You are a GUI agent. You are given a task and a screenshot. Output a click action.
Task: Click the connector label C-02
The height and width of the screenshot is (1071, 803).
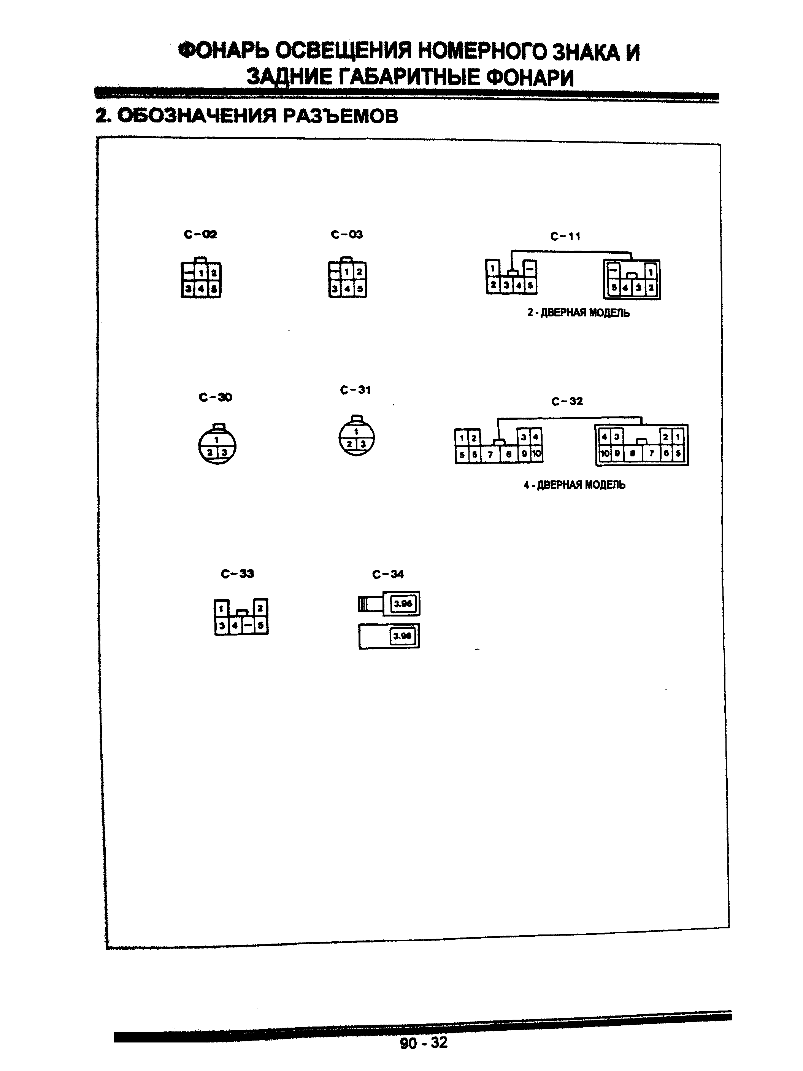[200, 235]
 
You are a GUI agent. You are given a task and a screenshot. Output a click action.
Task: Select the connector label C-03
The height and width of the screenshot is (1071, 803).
[347, 235]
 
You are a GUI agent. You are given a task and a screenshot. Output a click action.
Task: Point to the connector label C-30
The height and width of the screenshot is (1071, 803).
[216, 397]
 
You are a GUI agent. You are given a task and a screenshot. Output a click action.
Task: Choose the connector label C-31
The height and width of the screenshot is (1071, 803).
[355, 390]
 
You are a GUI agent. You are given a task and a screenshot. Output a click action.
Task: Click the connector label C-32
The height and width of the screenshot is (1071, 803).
[567, 401]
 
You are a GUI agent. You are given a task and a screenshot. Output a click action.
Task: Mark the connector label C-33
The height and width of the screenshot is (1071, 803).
[237, 574]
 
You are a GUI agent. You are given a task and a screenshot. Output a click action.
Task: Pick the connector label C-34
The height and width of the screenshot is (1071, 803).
[388, 574]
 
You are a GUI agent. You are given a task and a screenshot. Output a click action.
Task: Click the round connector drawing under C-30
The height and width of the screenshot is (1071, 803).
[217, 445]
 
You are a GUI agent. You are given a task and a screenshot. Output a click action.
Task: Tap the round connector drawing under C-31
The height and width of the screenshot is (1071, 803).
[357, 436]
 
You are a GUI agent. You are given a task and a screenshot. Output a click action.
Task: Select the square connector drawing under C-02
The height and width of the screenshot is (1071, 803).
[201, 278]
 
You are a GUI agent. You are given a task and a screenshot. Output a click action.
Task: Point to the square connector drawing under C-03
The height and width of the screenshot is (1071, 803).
[348, 278]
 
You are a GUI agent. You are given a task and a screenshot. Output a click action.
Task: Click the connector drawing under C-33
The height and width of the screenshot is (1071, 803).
[241, 617]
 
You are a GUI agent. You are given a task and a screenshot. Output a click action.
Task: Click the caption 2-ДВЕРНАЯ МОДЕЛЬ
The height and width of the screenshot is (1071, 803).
[578, 313]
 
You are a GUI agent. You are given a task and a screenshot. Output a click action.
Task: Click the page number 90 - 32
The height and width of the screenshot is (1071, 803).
[424, 1042]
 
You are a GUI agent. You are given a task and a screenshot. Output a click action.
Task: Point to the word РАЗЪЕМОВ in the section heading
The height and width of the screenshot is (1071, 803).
[340, 116]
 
